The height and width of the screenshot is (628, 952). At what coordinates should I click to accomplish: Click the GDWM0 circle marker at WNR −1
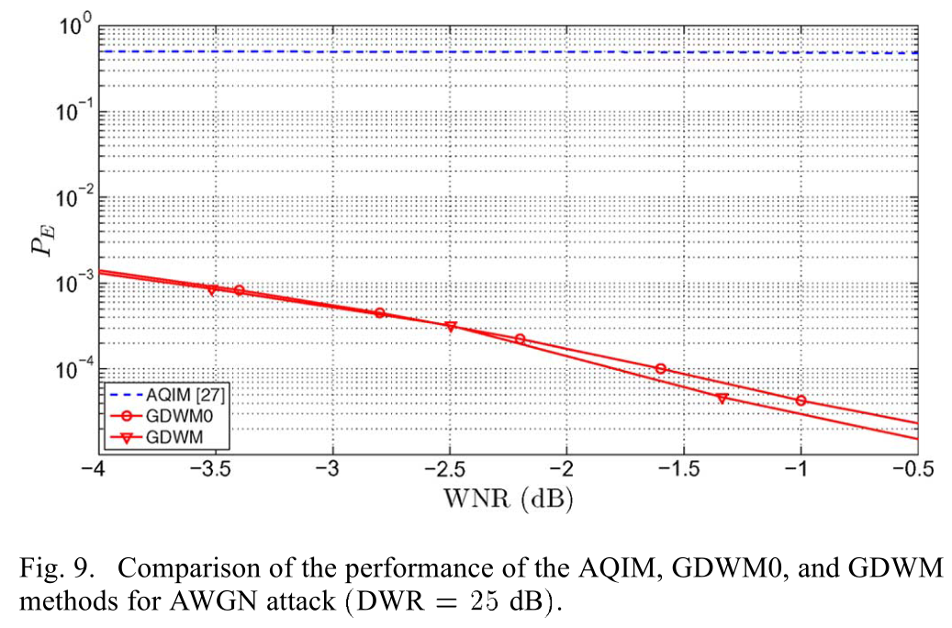point(801,400)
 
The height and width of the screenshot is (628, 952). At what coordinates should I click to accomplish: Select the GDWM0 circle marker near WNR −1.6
point(660,368)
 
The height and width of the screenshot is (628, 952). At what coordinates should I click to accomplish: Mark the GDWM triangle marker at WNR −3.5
point(212,290)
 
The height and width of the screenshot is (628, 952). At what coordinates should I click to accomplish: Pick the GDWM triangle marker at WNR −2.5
point(451,326)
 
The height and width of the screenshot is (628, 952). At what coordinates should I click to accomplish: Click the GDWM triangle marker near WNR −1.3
point(722,398)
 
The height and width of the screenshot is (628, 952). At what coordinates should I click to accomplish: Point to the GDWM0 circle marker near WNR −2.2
point(521,339)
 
